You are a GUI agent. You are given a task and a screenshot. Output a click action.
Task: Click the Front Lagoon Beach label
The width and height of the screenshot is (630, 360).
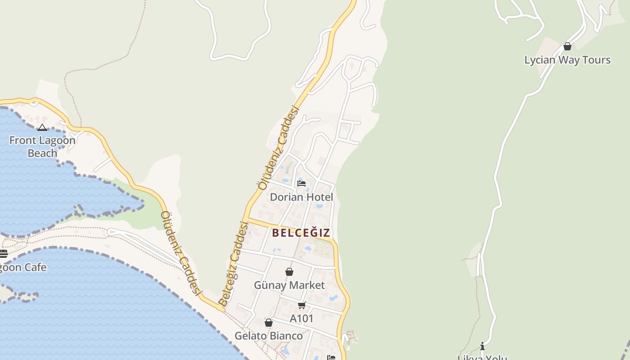[42, 147]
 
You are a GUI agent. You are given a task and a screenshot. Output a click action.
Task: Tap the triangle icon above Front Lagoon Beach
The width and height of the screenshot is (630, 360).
[42, 128]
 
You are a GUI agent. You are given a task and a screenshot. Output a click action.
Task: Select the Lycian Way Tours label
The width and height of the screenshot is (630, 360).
[567, 60]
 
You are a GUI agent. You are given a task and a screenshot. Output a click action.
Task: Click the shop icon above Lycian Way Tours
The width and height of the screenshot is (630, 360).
[567, 46]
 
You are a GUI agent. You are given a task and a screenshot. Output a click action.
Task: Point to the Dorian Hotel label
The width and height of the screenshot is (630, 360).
[301, 197]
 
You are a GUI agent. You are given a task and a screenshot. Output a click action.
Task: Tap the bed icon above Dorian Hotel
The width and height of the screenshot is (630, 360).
[301, 183]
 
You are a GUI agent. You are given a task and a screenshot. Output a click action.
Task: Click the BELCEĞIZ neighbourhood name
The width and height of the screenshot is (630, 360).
[301, 233]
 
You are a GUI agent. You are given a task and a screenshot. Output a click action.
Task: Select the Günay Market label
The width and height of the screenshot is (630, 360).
[289, 285]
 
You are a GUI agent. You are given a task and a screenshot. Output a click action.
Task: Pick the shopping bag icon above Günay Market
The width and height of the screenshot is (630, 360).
[289, 272]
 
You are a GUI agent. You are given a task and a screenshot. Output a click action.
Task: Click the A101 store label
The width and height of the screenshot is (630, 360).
[301, 319]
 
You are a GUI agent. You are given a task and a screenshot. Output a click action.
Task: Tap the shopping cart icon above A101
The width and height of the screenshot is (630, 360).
[301, 306]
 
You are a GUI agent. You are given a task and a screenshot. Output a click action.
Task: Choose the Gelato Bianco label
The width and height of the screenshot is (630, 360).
[269, 336]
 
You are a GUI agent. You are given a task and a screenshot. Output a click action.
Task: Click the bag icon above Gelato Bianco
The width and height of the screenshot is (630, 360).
[269, 323]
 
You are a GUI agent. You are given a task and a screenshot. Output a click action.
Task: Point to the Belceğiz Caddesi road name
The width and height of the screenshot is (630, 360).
[234, 264]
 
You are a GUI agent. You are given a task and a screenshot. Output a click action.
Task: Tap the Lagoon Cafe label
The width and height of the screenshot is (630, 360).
[22, 267]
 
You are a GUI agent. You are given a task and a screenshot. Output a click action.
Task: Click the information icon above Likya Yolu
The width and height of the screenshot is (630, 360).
[482, 346]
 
